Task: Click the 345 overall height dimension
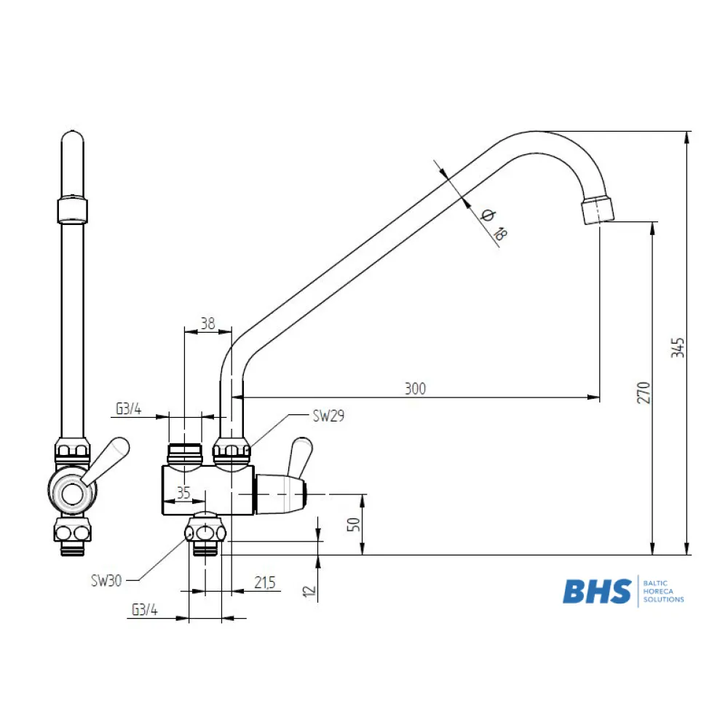point(678,348)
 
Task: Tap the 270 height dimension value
point(644,392)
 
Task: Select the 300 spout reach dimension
point(415,389)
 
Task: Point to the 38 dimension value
point(208,323)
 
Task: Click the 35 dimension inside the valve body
point(183,493)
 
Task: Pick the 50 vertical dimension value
point(354,525)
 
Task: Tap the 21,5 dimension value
point(265,582)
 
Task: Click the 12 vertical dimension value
point(309,591)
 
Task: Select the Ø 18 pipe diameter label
point(494,224)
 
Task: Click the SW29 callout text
point(329,416)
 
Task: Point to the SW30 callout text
point(106,580)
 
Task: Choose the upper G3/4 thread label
point(129,409)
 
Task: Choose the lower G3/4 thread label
point(145,609)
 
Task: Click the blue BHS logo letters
point(597,591)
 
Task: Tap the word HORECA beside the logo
point(658,591)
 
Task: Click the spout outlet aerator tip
point(598,210)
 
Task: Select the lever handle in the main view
point(299,457)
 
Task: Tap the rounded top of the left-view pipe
point(73,138)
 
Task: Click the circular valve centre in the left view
point(72,494)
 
